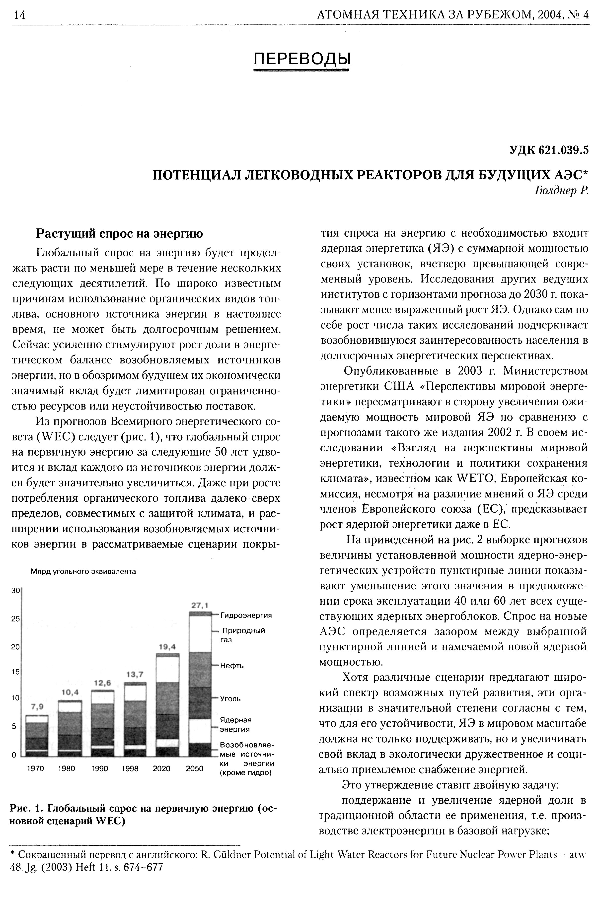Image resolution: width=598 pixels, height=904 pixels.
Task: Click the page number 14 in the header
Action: click(x=19, y=15)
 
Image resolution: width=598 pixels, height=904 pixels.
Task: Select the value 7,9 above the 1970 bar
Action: click(x=37, y=706)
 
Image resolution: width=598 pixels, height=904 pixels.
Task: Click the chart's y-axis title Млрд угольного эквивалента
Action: click(x=83, y=571)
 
